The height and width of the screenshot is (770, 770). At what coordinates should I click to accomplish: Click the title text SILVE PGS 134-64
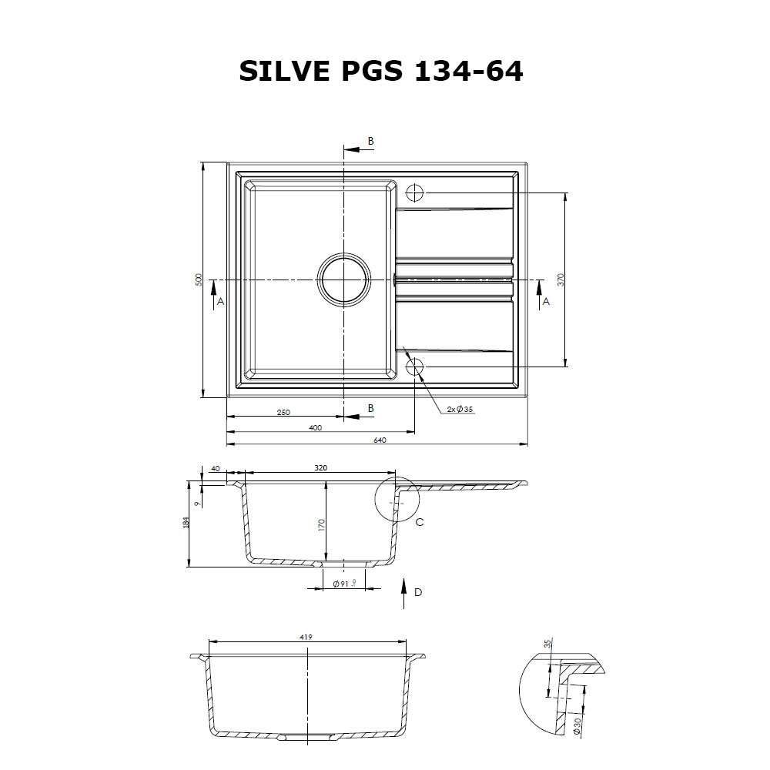pyautogui.click(x=381, y=71)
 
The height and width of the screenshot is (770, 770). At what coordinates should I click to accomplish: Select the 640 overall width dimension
pyautogui.click(x=379, y=440)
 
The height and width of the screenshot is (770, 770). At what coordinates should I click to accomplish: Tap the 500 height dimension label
pyautogui.click(x=198, y=280)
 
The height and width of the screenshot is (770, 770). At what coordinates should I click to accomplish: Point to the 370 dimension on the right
pyautogui.click(x=561, y=280)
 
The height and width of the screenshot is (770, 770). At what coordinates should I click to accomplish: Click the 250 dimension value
pyautogui.click(x=283, y=413)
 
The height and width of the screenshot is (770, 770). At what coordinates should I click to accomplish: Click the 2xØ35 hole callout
pyautogui.click(x=459, y=409)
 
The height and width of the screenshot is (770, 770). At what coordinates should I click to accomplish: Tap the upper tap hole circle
pyautogui.click(x=415, y=192)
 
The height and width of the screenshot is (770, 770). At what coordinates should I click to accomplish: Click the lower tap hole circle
pyautogui.click(x=415, y=366)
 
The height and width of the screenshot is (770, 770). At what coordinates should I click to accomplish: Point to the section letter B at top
pyautogui.click(x=370, y=141)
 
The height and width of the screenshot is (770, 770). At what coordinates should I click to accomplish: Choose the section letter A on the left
pyautogui.click(x=220, y=302)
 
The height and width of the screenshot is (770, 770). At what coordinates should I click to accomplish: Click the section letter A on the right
pyautogui.click(x=546, y=302)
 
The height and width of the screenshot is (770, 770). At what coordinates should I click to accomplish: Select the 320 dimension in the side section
pyautogui.click(x=321, y=467)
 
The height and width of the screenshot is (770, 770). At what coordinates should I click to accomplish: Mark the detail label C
pyautogui.click(x=420, y=522)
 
